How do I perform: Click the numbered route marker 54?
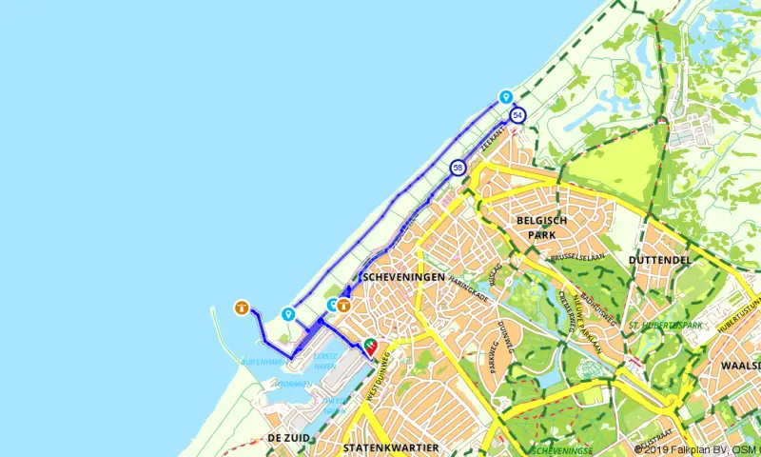click(x=517, y=115)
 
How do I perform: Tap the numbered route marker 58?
click(x=459, y=168)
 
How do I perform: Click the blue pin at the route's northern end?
click(x=506, y=97)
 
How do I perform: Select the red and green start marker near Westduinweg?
click(x=370, y=345)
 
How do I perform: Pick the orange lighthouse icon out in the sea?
click(x=242, y=308)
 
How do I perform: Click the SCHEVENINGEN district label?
click(x=405, y=277)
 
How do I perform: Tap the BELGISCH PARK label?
click(x=541, y=227)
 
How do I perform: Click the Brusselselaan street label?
click(x=578, y=258)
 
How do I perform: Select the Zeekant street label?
click(x=491, y=139)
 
